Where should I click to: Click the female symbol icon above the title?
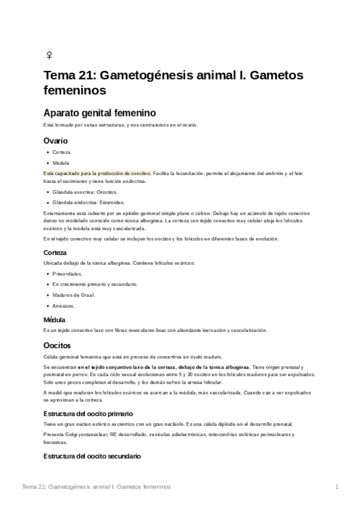(49, 55)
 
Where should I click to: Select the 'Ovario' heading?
(55, 140)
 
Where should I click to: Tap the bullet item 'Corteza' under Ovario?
(61, 153)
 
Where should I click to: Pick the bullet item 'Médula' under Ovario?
(61, 163)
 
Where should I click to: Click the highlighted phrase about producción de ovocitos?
(98, 173)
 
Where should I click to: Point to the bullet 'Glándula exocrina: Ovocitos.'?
(84, 192)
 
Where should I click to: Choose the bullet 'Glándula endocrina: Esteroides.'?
(88, 202)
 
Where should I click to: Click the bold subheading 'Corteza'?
(55, 253)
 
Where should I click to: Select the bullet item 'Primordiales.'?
(67, 274)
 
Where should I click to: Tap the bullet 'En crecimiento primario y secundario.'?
(94, 284)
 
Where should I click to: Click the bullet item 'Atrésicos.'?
(64, 306)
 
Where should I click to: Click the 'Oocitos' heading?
(57, 345)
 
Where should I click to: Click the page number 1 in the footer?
(337, 487)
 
